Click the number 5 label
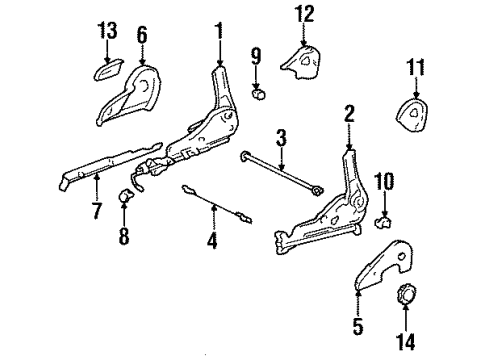(358, 326)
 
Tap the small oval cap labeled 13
(414, 69)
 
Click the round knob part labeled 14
(304, 13)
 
